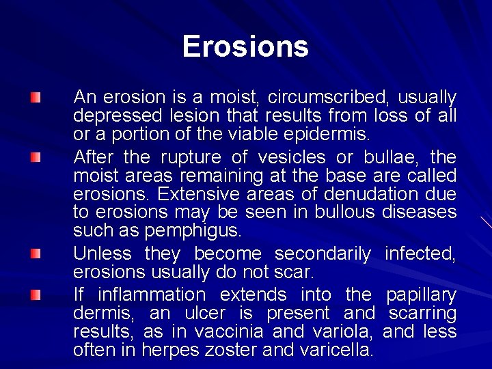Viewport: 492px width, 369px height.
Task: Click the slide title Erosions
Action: point(245,46)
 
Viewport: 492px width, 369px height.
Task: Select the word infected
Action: point(420,254)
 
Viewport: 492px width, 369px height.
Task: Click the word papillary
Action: point(421,295)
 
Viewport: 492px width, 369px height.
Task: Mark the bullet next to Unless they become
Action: point(36,254)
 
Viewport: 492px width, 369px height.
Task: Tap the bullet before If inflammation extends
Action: point(36,295)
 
